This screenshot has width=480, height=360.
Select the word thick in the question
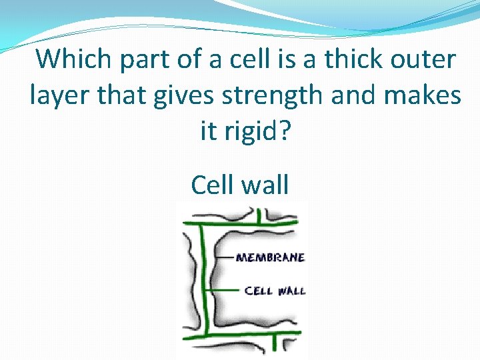pos(357,59)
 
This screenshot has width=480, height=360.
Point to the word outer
pos(424,59)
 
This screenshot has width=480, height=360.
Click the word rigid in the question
pos(251,131)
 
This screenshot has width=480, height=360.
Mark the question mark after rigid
pos(285,131)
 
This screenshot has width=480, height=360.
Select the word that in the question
pos(120,95)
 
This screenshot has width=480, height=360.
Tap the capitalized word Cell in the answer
pos(213,184)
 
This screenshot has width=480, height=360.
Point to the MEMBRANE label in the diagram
pos(271,257)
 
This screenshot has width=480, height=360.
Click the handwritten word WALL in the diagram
pos(291,291)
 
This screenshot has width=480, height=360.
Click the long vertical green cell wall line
pos(203,280)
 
